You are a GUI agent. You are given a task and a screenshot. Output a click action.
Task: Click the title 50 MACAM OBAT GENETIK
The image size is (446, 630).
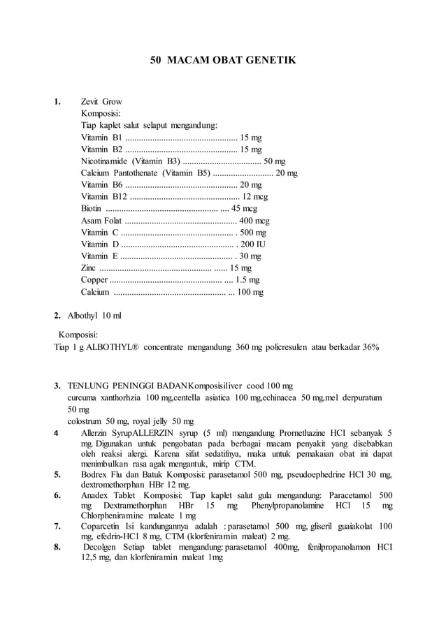pyautogui.click(x=223, y=61)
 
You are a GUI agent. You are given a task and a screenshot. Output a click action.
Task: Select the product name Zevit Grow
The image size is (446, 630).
pyautogui.click(x=101, y=102)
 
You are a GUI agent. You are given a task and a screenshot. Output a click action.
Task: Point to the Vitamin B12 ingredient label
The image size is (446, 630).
pyautogui.click(x=104, y=197)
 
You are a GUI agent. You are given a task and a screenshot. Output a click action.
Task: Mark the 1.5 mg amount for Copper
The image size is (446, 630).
pyautogui.click(x=247, y=280)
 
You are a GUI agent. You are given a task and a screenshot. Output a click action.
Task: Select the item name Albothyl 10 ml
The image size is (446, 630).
pyautogui.click(x=94, y=316)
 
